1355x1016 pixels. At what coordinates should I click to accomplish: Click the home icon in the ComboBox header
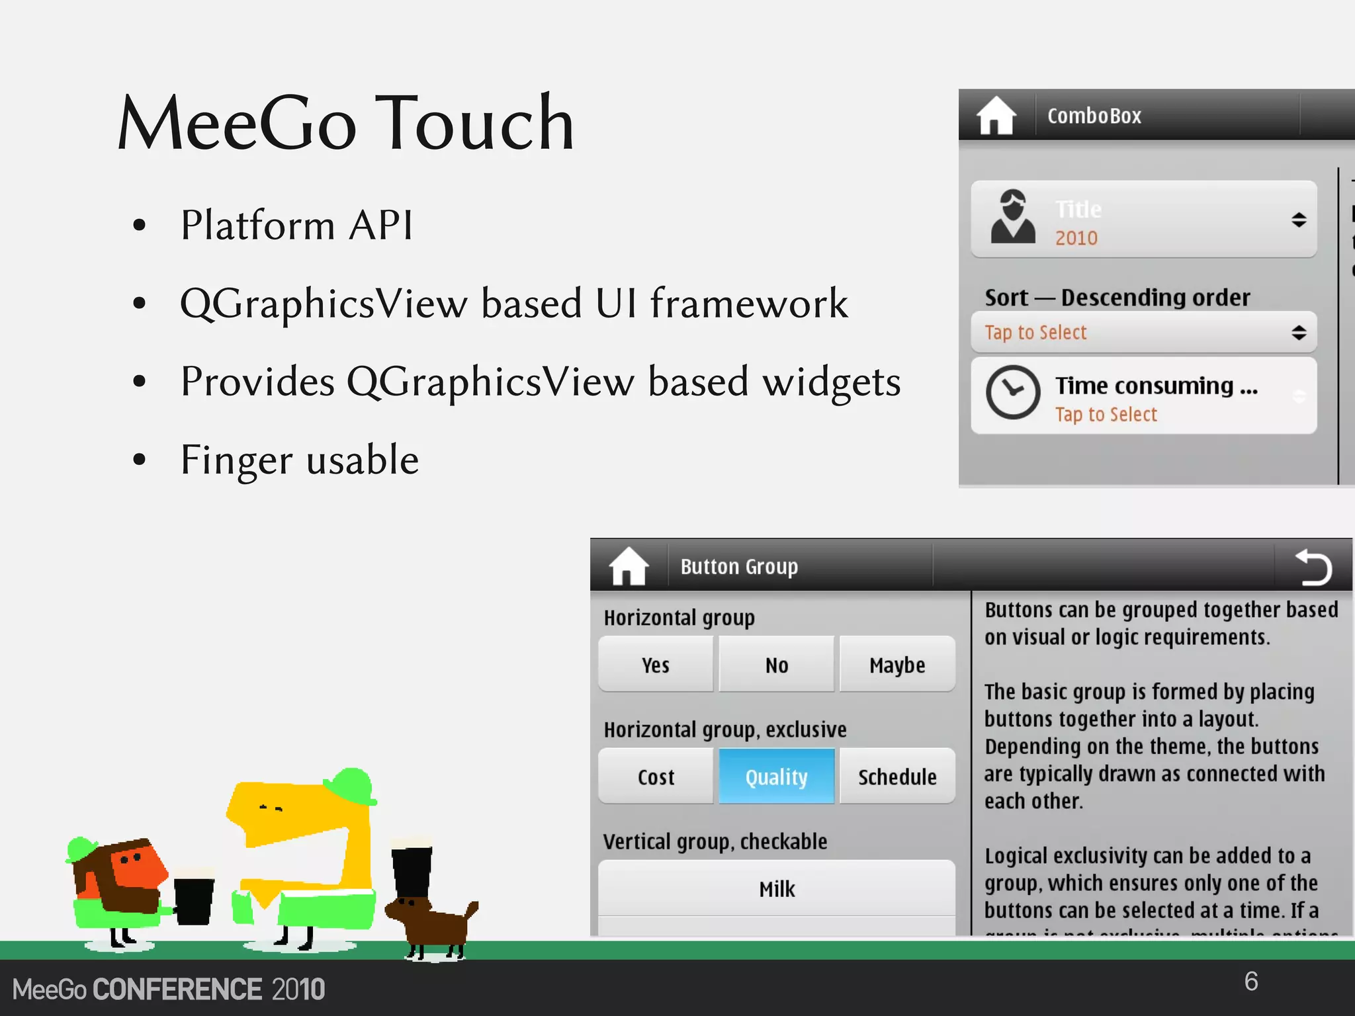pos(996,116)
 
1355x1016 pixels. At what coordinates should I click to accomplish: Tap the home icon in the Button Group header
pos(628,566)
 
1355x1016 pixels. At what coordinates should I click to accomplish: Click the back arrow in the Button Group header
pos(1313,568)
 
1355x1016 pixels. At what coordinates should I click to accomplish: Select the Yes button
pos(656,665)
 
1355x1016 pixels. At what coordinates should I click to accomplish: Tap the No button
pos(777,665)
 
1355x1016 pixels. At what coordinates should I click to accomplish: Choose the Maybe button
pos(897,665)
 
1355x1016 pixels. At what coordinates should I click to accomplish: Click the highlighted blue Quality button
pos(777,777)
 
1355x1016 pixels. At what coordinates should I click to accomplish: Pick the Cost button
pos(656,777)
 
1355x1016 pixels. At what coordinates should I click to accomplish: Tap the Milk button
pos(777,888)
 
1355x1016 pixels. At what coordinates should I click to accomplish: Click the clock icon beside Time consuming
pos(1013,392)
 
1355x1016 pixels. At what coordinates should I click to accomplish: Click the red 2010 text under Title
pos(1076,238)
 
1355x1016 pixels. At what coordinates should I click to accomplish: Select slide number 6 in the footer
pos(1250,982)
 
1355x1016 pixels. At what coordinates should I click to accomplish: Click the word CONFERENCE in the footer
pos(177,990)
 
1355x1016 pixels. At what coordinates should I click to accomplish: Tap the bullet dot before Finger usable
pos(139,459)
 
